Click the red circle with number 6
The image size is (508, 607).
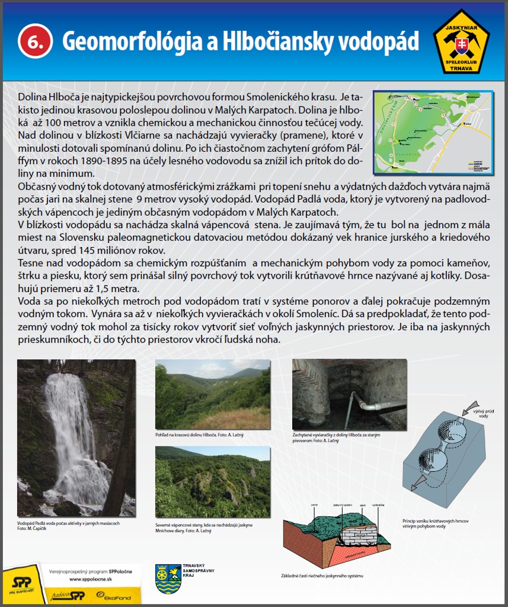click(36, 41)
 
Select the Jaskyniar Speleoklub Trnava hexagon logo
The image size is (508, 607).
click(462, 41)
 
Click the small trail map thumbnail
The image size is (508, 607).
click(432, 132)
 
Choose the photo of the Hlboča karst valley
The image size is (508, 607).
click(212, 394)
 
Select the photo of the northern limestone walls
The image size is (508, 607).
click(212, 481)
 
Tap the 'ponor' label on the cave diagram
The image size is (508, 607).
click(315, 506)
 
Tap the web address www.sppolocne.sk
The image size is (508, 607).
click(92, 579)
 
